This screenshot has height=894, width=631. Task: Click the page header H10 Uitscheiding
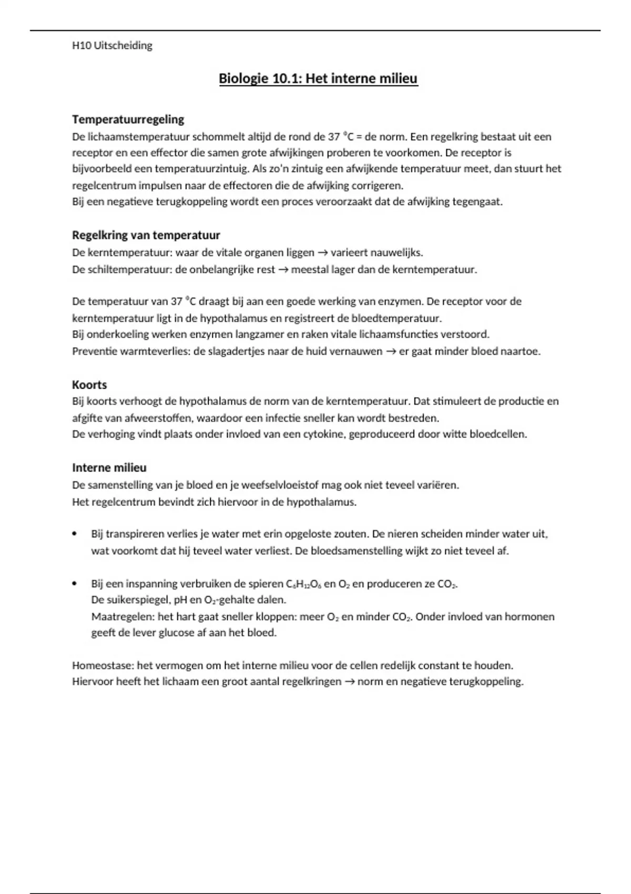click(112, 46)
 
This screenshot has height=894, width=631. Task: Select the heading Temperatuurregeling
click(128, 119)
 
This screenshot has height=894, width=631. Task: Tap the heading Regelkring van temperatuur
click(146, 235)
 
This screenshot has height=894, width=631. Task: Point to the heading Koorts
click(89, 384)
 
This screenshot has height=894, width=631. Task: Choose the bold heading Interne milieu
click(109, 468)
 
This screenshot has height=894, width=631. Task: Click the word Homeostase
click(103, 665)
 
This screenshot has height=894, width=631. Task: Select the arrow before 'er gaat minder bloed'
click(391, 351)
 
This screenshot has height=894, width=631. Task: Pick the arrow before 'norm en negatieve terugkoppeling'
click(349, 682)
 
